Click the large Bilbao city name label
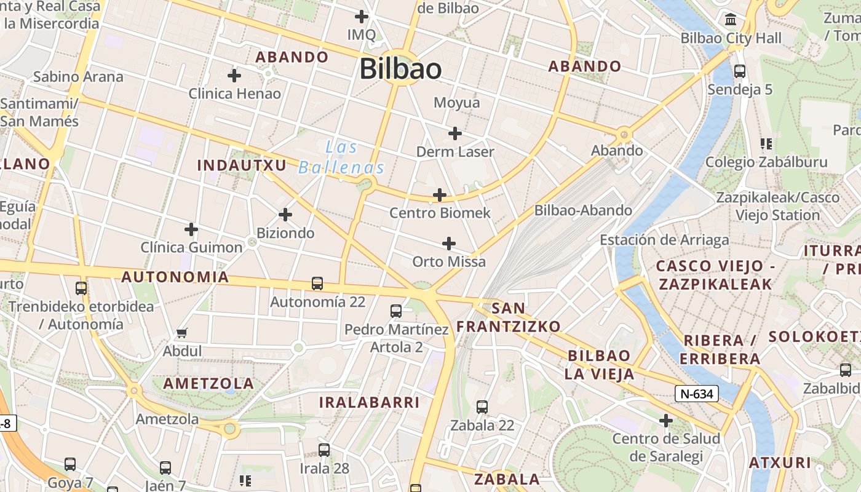coord(400,68)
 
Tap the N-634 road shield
coord(697,394)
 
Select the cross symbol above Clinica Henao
coord(234,76)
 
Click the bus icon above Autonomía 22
coord(317,284)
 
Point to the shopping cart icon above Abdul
coord(181,333)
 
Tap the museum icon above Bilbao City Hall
coord(731,20)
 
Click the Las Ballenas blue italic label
coord(342,157)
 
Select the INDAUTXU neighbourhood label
coord(242,165)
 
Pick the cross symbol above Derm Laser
coord(455,133)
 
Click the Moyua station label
coord(456,102)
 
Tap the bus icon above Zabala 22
coord(482,407)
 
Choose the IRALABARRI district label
coord(369,402)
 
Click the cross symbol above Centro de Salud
coord(666,421)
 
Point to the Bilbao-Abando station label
coord(583,210)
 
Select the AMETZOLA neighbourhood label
coord(208,383)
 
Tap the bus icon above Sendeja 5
coord(740,71)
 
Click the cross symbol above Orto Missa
coord(449,244)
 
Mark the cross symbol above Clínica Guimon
coord(191,229)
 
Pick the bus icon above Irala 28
coord(324,450)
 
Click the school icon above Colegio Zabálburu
coord(766,144)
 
